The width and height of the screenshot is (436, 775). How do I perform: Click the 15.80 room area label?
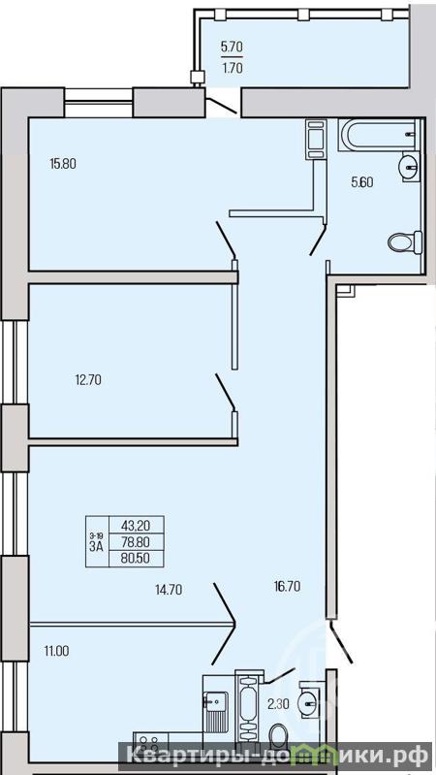coord(63,163)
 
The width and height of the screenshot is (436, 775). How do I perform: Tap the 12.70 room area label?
coord(88,380)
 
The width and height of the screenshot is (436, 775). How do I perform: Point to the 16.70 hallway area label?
coord(288,586)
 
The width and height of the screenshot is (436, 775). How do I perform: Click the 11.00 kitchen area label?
coord(56,651)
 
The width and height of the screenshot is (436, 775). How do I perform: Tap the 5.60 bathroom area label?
coord(362,182)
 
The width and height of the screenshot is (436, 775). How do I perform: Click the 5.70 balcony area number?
coord(232,48)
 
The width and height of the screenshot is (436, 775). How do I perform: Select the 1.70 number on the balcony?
coord(233,69)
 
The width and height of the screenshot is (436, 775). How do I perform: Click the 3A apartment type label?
coord(96,546)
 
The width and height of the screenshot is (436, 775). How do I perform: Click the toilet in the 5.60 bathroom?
coord(405,242)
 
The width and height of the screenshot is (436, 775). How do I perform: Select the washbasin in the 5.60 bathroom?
coord(410,167)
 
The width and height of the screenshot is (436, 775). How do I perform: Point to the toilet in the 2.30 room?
coord(279,735)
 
